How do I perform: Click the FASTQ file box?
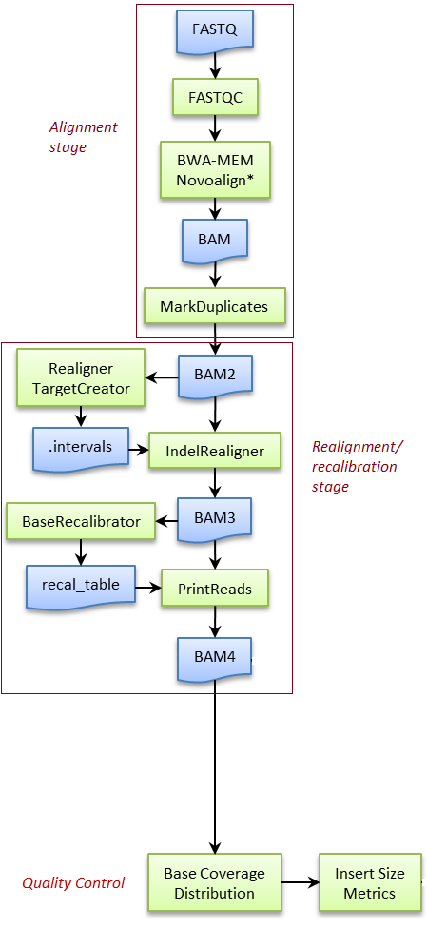(x=215, y=29)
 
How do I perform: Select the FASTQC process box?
(x=215, y=96)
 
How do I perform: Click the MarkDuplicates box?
(x=214, y=306)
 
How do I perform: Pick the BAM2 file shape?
(x=215, y=374)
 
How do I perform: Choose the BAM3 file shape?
(x=215, y=518)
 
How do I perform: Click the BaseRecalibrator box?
(x=81, y=521)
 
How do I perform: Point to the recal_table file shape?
(x=80, y=586)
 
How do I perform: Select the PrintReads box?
(x=215, y=589)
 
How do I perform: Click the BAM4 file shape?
(x=215, y=656)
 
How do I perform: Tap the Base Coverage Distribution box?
(x=215, y=883)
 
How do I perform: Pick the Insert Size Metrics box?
(x=370, y=882)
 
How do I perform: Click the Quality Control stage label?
(x=73, y=883)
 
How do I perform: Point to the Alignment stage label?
(x=84, y=137)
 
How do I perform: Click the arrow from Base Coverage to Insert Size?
(x=301, y=882)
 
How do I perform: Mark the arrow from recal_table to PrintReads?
(x=146, y=588)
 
